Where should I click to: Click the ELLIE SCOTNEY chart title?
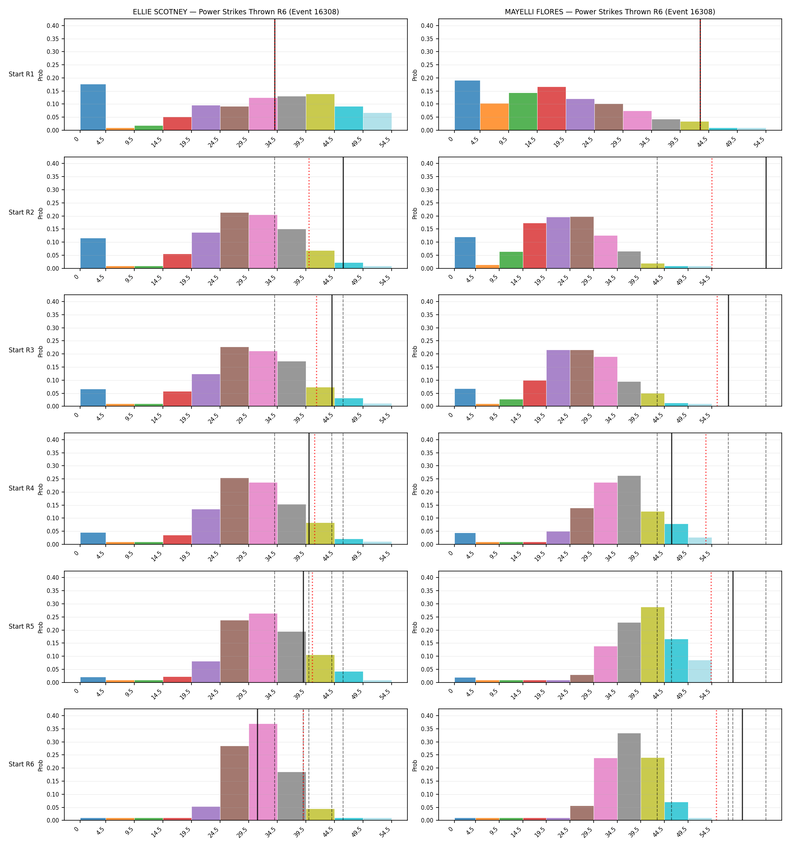(x=236, y=12)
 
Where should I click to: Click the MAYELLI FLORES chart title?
(x=610, y=12)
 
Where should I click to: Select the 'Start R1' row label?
(x=21, y=74)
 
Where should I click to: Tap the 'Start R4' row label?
(x=21, y=488)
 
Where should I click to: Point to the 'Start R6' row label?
(x=21, y=764)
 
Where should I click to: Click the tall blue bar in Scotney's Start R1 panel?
(x=93, y=107)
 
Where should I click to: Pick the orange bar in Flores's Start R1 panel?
(x=494, y=117)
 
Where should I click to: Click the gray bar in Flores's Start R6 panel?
(x=629, y=777)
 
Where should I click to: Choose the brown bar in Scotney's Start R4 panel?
(x=235, y=511)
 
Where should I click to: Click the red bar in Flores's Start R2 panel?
(x=535, y=246)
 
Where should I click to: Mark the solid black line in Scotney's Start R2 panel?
(x=343, y=213)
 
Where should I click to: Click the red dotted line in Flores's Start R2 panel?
(x=712, y=213)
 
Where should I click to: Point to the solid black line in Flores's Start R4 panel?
(x=671, y=489)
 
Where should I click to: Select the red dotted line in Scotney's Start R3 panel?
(x=316, y=350)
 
